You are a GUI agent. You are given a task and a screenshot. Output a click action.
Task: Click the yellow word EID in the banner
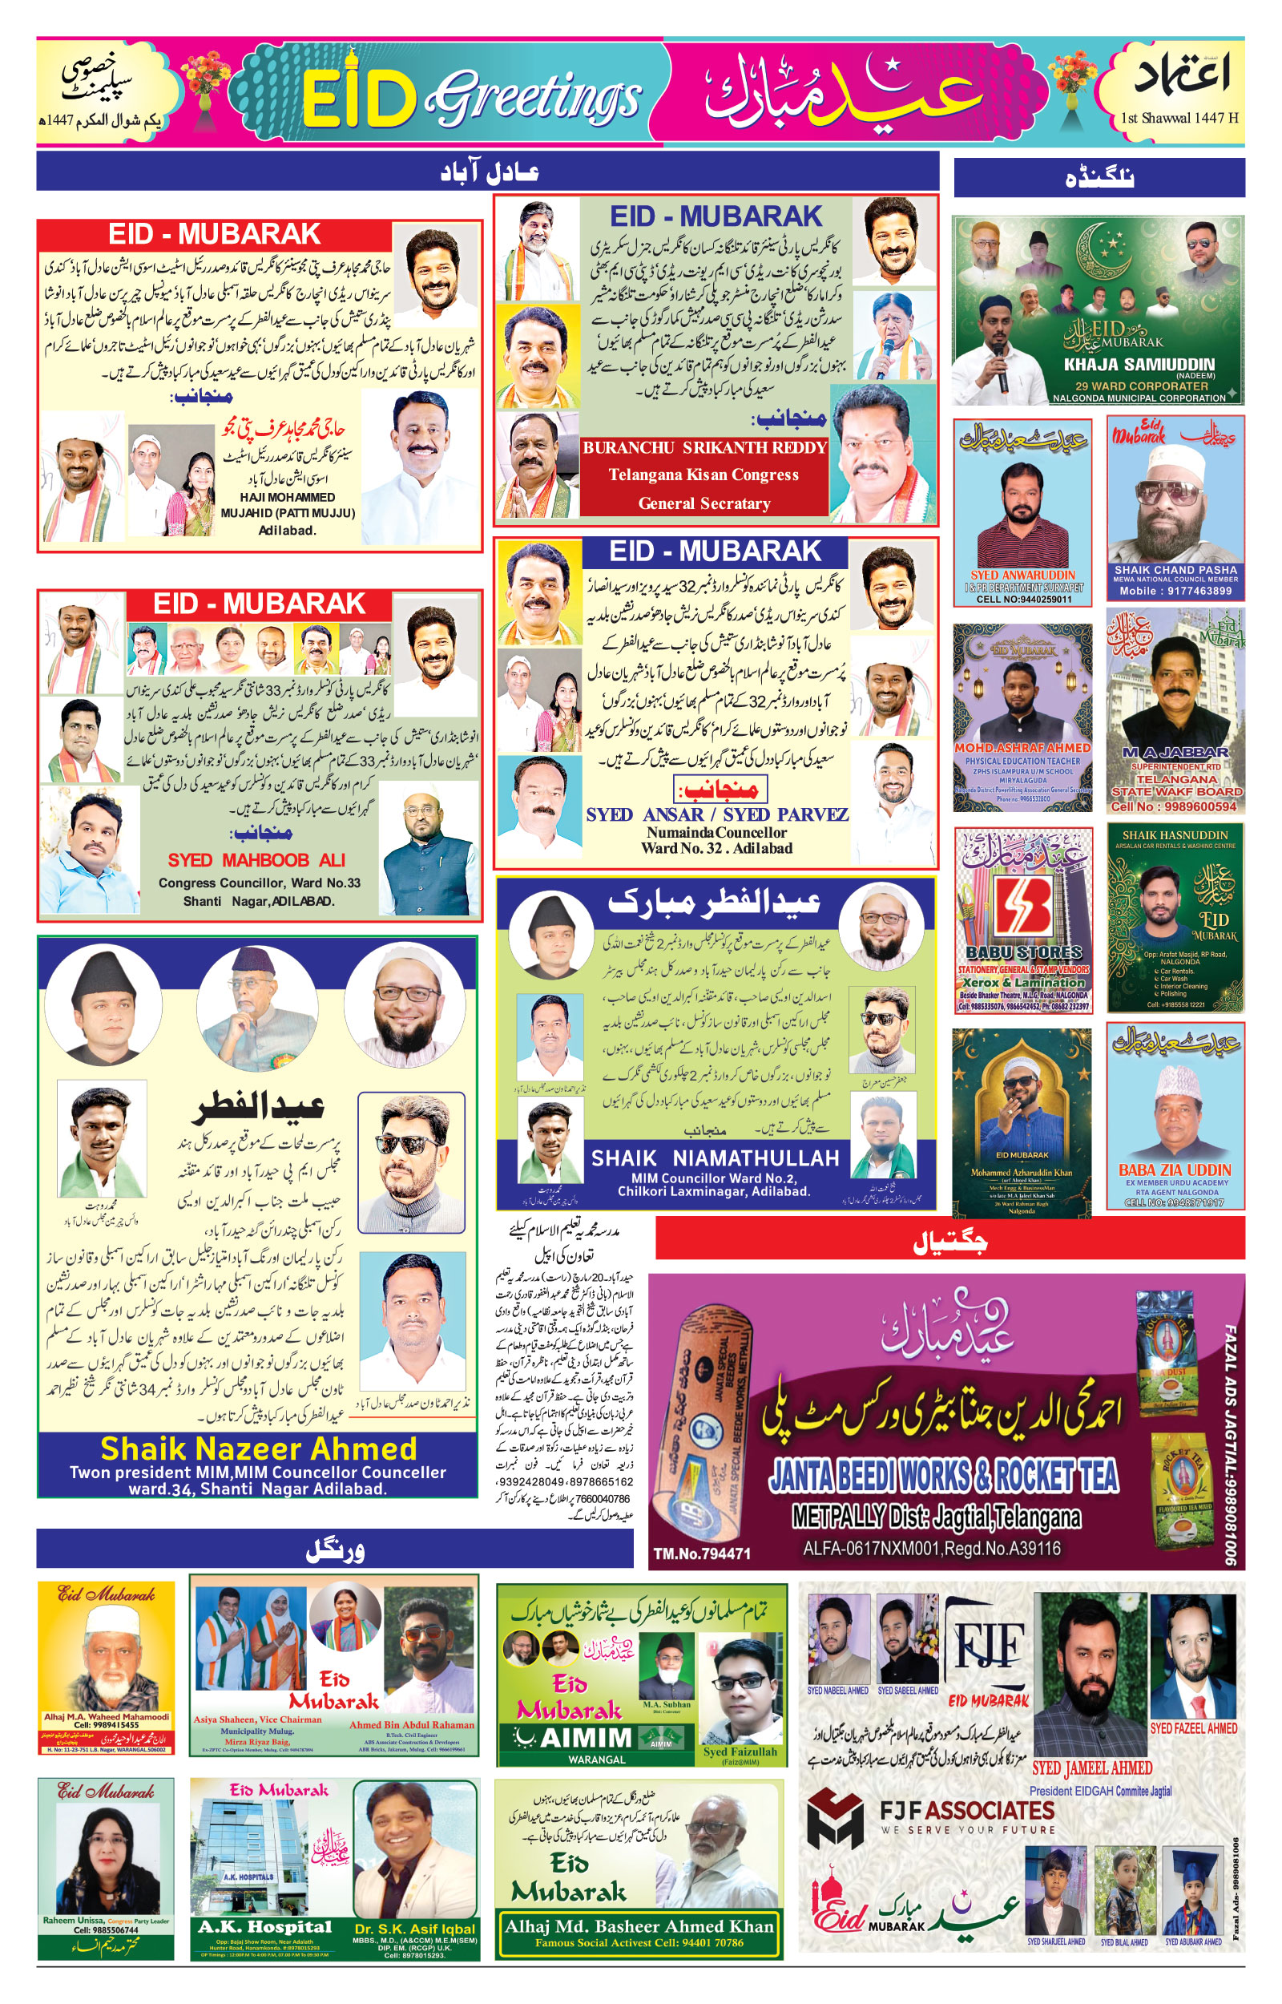[x=359, y=99]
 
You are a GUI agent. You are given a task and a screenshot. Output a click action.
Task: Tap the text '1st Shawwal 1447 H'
[x=1179, y=117]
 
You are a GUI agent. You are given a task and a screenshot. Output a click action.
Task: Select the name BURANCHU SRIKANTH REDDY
[x=704, y=447]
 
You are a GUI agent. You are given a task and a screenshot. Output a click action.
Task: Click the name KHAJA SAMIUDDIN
[x=1139, y=364]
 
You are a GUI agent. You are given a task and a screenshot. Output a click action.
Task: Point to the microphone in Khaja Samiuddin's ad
[x=1000, y=367]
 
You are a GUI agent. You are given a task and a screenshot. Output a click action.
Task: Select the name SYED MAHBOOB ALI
[x=256, y=860]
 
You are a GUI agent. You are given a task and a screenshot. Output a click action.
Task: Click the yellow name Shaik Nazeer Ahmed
[x=258, y=1449]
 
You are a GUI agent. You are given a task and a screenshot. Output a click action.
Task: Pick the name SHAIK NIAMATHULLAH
[x=714, y=1158]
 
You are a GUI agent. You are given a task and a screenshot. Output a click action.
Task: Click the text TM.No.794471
[x=701, y=1554]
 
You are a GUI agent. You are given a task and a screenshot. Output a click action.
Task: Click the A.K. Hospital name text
[x=264, y=1926]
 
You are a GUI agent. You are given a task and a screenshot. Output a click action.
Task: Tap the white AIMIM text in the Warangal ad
[x=584, y=1738]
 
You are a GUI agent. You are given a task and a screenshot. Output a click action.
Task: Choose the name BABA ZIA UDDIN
[x=1174, y=1170]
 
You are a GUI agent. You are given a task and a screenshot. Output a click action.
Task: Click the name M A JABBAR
[x=1175, y=752]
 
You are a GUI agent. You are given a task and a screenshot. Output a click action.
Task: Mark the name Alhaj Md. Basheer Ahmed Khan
[x=639, y=1925]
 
